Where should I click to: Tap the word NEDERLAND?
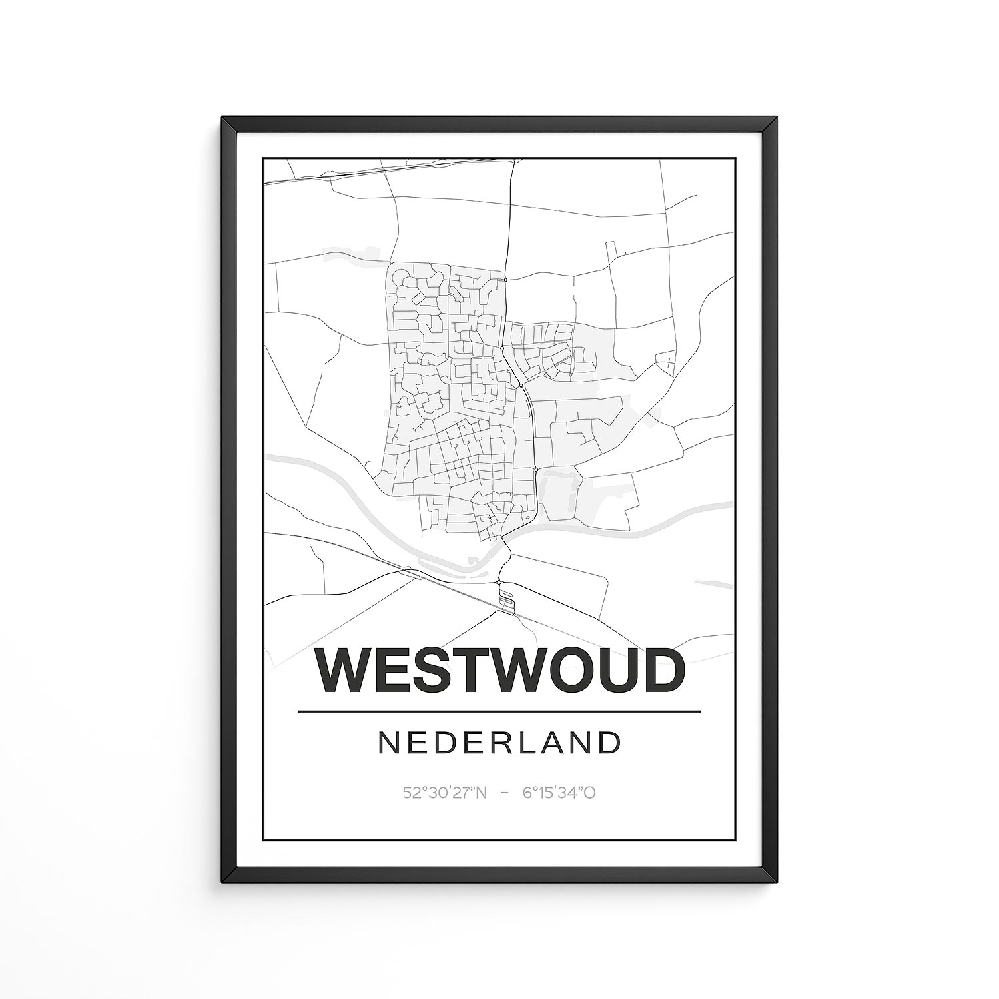(x=499, y=743)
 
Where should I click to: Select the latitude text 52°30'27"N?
(x=445, y=793)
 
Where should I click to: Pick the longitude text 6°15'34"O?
(x=559, y=793)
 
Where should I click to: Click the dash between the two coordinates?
(x=505, y=793)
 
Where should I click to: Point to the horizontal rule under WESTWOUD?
(x=499, y=711)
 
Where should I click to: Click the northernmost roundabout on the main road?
(x=506, y=280)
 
